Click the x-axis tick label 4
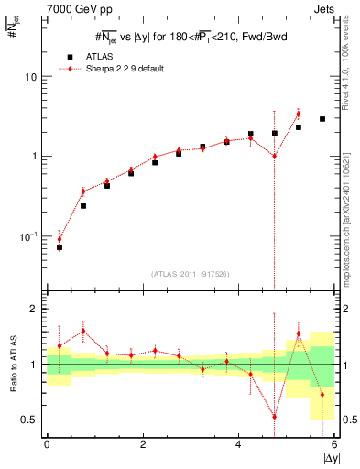point(238,444)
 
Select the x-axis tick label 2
point(143,444)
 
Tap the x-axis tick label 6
point(334,444)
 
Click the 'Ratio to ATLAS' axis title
point(12,365)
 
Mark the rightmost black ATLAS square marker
point(322,119)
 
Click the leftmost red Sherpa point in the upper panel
point(60,239)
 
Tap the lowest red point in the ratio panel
point(274,416)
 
